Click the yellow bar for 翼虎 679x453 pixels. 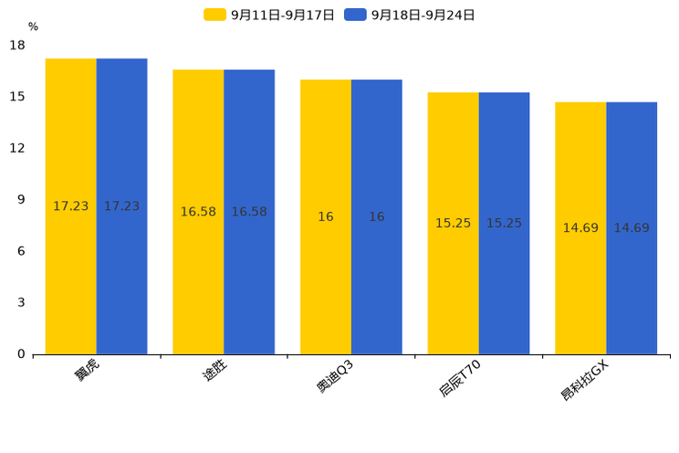coord(71,206)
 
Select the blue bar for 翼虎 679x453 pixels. coord(121,206)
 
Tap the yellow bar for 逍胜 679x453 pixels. coord(198,212)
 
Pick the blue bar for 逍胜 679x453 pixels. coord(249,212)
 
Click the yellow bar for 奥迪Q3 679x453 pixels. coord(326,217)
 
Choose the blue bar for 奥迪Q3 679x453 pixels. coord(377,217)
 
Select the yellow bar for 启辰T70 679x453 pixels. coord(453,224)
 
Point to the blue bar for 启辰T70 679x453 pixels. coord(504,224)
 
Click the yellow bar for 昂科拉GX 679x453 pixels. coord(580,228)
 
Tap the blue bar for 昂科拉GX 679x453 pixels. coord(632,228)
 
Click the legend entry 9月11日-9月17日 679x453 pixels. coord(270,15)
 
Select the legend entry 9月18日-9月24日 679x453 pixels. coord(411,15)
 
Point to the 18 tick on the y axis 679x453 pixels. coord(17,45)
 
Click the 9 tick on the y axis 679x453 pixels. coord(21,199)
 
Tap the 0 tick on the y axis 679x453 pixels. coord(21,354)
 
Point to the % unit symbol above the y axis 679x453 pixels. coord(33,26)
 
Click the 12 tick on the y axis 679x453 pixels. coord(17,148)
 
